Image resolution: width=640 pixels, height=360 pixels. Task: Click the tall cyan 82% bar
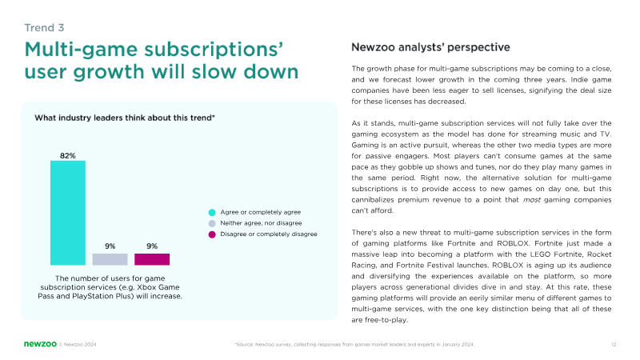[x=67, y=212]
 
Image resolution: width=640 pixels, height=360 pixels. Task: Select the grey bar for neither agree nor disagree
[x=110, y=259]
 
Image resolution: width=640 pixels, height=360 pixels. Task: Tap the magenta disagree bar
[x=152, y=259]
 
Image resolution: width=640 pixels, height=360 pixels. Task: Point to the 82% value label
[x=68, y=154]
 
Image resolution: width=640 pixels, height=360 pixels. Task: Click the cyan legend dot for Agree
[x=212, y=212]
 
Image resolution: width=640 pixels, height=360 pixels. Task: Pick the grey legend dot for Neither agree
[x=212, y=223]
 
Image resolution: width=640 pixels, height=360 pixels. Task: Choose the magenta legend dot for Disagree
[x=212, y=234]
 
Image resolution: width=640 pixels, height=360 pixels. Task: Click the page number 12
[x=613, y=344]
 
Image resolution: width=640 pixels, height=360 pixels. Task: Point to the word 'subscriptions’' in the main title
[x=222, y=50]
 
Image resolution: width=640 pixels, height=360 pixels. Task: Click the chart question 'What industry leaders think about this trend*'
[x=125, y=118]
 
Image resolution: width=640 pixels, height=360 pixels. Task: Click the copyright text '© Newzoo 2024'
[x=78, y=344]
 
